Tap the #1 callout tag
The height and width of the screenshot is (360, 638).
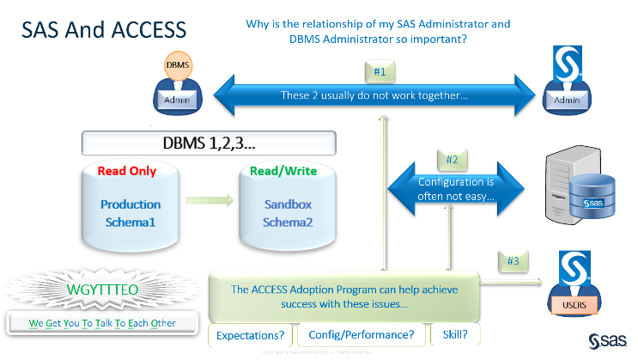pos(380,72)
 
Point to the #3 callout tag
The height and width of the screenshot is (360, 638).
pos(513,259)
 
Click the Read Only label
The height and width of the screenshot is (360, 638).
pos(126,170)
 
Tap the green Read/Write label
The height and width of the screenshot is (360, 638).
pos(283,170)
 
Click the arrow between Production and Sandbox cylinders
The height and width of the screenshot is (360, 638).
pos(206,202)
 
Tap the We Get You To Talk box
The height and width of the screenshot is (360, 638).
pos(103,324)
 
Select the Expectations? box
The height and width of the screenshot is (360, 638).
pos(250,334)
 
